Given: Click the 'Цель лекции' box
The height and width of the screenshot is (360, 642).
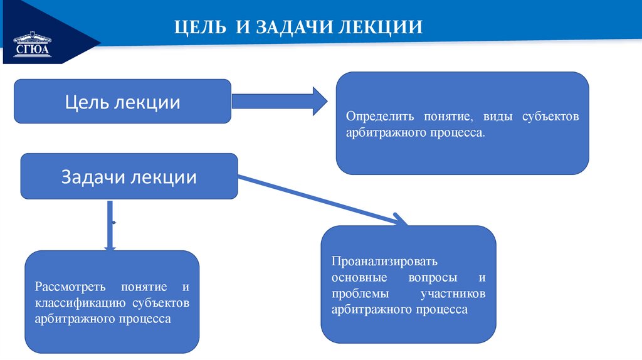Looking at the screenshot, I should pyautogui.click(x=123, y=102).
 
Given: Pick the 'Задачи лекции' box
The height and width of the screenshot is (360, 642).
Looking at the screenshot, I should pyautogui.click(x=129, y=177).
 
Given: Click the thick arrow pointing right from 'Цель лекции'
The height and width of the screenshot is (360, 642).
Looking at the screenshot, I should pyautogui.click(x=279, y=101).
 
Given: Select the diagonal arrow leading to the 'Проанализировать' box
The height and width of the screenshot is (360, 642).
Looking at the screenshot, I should pyautogui.click(x=320, y=199).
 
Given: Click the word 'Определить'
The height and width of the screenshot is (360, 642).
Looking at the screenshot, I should pyautogui.click(x=376, y=117).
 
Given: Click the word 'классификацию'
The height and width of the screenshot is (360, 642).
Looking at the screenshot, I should pyautogui.click(x=82, y=303).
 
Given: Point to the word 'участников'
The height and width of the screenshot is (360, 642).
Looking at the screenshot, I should pyautogui.click(x=455, y=293).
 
